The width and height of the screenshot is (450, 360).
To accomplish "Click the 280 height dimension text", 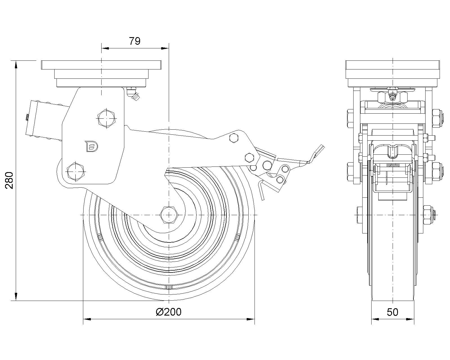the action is click(9, 180).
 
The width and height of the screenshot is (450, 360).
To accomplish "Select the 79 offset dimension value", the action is click(134, 41).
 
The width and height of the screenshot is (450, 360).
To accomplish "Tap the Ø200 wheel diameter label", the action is click(168, 312).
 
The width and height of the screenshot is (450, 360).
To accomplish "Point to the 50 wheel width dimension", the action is click(393, 312).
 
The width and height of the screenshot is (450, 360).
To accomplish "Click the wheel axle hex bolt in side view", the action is click(169, 215).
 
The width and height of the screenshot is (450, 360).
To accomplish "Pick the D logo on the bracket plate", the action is click(92, 146).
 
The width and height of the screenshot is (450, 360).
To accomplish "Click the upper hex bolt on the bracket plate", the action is click(106, 118).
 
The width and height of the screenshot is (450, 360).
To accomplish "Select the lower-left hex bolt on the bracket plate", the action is click(75, 171).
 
